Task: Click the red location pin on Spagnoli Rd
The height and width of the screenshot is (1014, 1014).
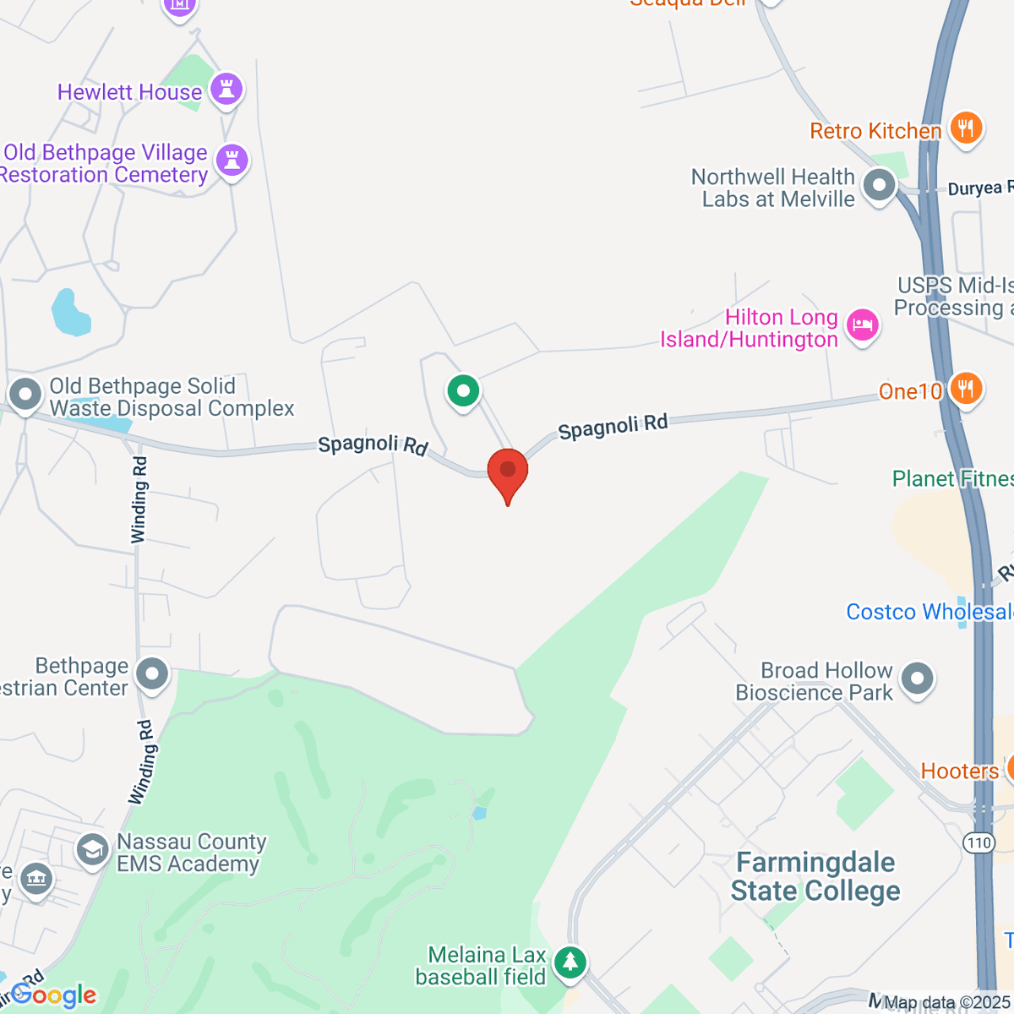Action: pyautogui.click(x=508, y=471)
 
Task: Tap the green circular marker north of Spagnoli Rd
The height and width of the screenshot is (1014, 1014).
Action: pyautogui.click(x=463, y=390)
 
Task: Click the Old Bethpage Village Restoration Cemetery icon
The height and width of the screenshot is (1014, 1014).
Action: pyautogui.click(x=232, y=159)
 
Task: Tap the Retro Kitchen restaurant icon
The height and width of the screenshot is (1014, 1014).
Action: pyautogui.click(x=966, y=128)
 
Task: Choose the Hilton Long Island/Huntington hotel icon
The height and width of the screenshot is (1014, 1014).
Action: pyautogui.click(x=863, y=324)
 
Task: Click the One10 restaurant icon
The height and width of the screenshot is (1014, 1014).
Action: pyautogui.click(x=965, y=389)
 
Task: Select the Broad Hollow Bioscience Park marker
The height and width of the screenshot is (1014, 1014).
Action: pyautogui.click(x=917, y=678)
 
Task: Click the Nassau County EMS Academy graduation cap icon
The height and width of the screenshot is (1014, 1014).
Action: pyautogui.click(x=91, y=849)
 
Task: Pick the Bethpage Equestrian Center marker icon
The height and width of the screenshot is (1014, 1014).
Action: pyautogui.click(x=153, y=674)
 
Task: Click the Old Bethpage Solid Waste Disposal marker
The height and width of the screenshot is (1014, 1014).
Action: pyautogui.click(x=25, y=394)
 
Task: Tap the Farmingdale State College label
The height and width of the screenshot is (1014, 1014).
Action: pyautogui.click(x=815, y=877)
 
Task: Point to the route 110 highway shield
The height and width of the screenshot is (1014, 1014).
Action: pyautogui.click(x=979, y=842)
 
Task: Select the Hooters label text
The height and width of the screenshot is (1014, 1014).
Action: pyautogui.click(x=959, y=771)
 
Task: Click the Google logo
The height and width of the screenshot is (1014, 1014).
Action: pyautogui.click(x=54, y=996)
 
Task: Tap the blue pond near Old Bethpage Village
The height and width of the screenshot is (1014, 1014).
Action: pyautogui.click(x=69, y=313)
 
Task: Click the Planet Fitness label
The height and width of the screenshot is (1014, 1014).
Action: pyautogui.click(x=952, y=479)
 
